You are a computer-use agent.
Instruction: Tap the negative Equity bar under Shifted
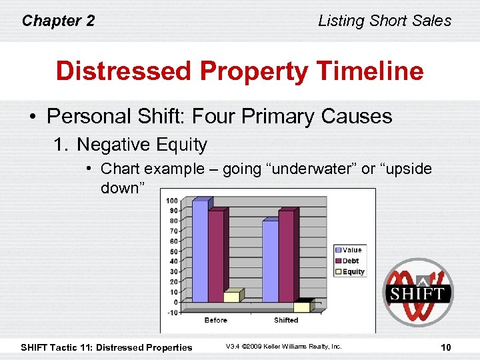click(x=302, y=307)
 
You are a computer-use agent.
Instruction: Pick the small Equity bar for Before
click(x=231, y=297)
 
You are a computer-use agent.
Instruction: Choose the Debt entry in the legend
click(x=349, y=261)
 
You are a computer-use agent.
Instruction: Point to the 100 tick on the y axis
click(x=172, y=201)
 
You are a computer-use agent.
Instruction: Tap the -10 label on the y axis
click(x=172, y=313)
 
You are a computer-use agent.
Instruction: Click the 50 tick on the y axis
click(x=173, y=251)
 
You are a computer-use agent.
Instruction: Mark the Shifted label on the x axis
click(x=286, y=321)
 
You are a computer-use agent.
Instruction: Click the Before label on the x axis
click(x=216, y=321)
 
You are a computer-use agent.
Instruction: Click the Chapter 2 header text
click(x=59, y=21)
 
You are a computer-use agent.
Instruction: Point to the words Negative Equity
click(x=142, y=144)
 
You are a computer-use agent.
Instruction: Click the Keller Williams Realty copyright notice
click(x=283, y=347)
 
